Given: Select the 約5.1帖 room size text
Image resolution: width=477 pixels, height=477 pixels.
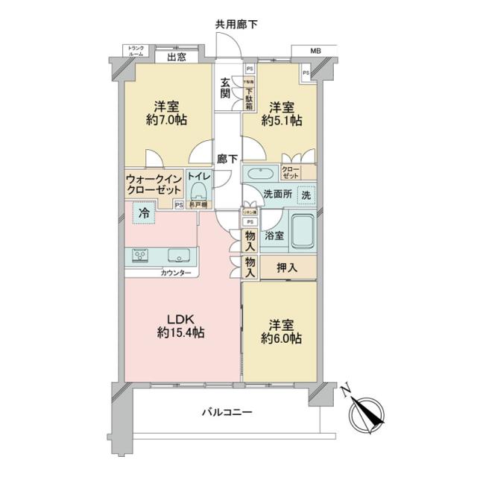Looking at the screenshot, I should pyautogui.click(x=285, y=120).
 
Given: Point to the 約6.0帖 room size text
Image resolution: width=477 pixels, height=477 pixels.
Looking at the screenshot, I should pyautogui.click(x=280, y=338).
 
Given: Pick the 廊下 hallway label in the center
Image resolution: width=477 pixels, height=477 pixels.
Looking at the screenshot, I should pyautogui.click(x=227, y=158).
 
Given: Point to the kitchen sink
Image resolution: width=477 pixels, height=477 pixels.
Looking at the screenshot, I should pyautogui.click(x=178, y=256).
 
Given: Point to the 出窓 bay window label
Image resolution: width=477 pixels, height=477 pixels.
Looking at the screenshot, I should pyautogui.click(x=176, y=57).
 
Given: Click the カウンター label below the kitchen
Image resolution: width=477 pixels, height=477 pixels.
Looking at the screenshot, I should pyautogui.click(x=175, y=274).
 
